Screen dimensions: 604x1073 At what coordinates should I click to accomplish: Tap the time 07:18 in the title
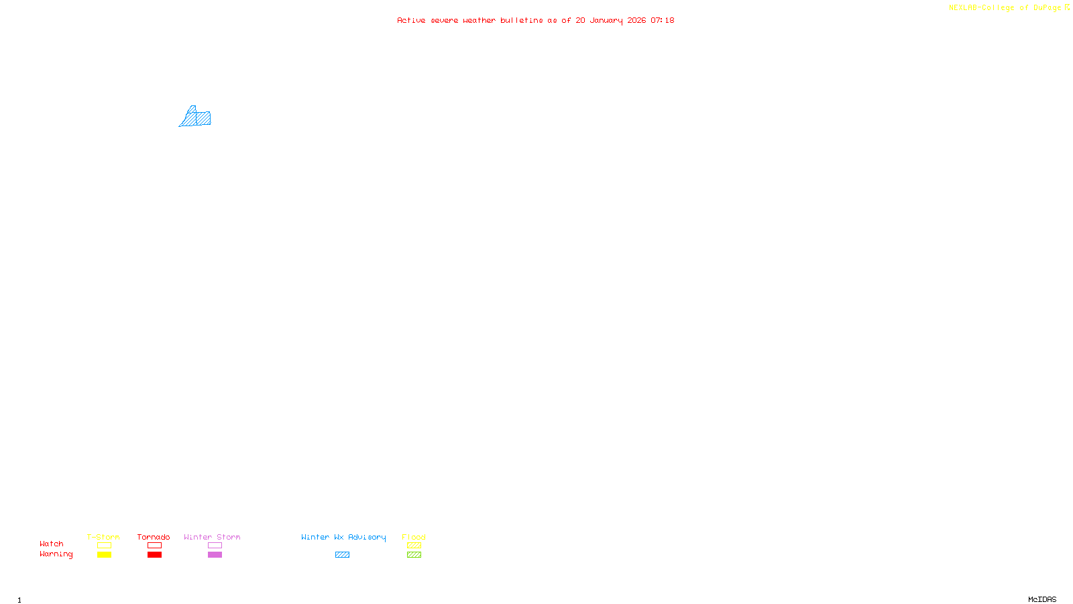663,20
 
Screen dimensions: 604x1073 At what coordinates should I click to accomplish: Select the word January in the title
606,20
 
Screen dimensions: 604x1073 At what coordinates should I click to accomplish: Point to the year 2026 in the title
636,20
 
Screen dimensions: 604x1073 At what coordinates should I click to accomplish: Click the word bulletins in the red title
522,20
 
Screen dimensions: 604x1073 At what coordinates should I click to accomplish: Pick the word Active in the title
411,20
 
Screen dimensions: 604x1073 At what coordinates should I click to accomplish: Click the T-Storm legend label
103,537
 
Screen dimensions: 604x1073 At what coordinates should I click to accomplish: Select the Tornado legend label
154,537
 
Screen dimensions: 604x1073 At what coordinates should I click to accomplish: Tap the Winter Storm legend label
212,537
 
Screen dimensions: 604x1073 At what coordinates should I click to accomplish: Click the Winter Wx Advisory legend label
343,537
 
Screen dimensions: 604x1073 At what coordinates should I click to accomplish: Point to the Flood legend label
414,537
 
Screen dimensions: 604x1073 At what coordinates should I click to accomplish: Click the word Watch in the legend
52,544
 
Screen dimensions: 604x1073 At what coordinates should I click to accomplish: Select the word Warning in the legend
56,554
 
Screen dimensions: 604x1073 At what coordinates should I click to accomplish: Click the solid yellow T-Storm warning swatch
104,555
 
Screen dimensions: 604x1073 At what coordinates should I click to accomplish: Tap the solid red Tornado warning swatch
154,555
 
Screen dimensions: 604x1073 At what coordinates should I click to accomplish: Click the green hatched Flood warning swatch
414,555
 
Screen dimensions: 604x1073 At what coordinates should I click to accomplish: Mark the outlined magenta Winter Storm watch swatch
215,546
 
